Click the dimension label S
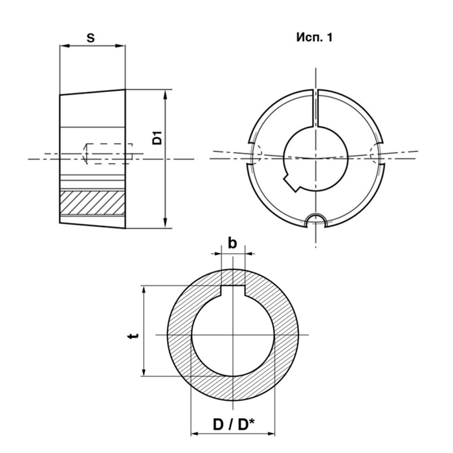click(x=91, y=38)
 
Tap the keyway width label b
click(x=232, y=243)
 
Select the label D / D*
click(x=234, y=425)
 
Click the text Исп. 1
click(x=315, y=38)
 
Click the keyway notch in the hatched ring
click(x=233, y=291)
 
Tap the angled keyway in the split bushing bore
click(x=292, y=181)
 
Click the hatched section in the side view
click(x=93, y=203)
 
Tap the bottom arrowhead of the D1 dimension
click(x=165, y=223)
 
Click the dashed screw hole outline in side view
click(x=109, y=154)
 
